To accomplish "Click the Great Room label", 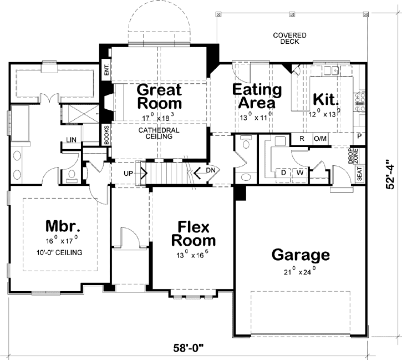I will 159,97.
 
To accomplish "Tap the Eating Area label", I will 257,96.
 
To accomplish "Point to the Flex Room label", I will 194,234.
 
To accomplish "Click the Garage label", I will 301,255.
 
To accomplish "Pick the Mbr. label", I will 63,227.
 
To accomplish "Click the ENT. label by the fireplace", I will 106,70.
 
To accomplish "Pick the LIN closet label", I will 72,140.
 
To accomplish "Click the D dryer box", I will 283,173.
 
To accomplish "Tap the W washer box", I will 299,173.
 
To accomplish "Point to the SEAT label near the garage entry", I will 359,174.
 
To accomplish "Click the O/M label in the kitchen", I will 320,139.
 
